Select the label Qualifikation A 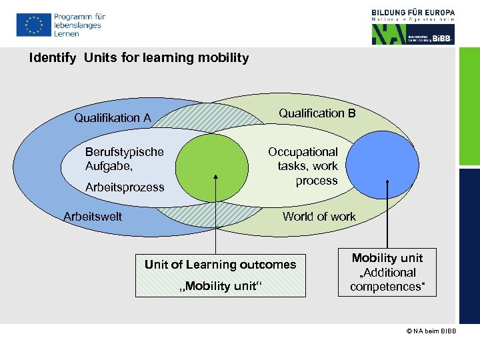113,118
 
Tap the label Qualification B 317,113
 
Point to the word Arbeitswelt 93,216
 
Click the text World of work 319,216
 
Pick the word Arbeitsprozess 125,187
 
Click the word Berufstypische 124,152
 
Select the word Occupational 303,152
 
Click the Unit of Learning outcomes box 220,275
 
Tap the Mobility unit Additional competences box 387,273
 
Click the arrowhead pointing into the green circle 215,177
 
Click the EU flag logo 33,25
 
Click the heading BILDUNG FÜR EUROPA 413,12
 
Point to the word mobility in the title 223,58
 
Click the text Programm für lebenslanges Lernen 79,25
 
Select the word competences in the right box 387,287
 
